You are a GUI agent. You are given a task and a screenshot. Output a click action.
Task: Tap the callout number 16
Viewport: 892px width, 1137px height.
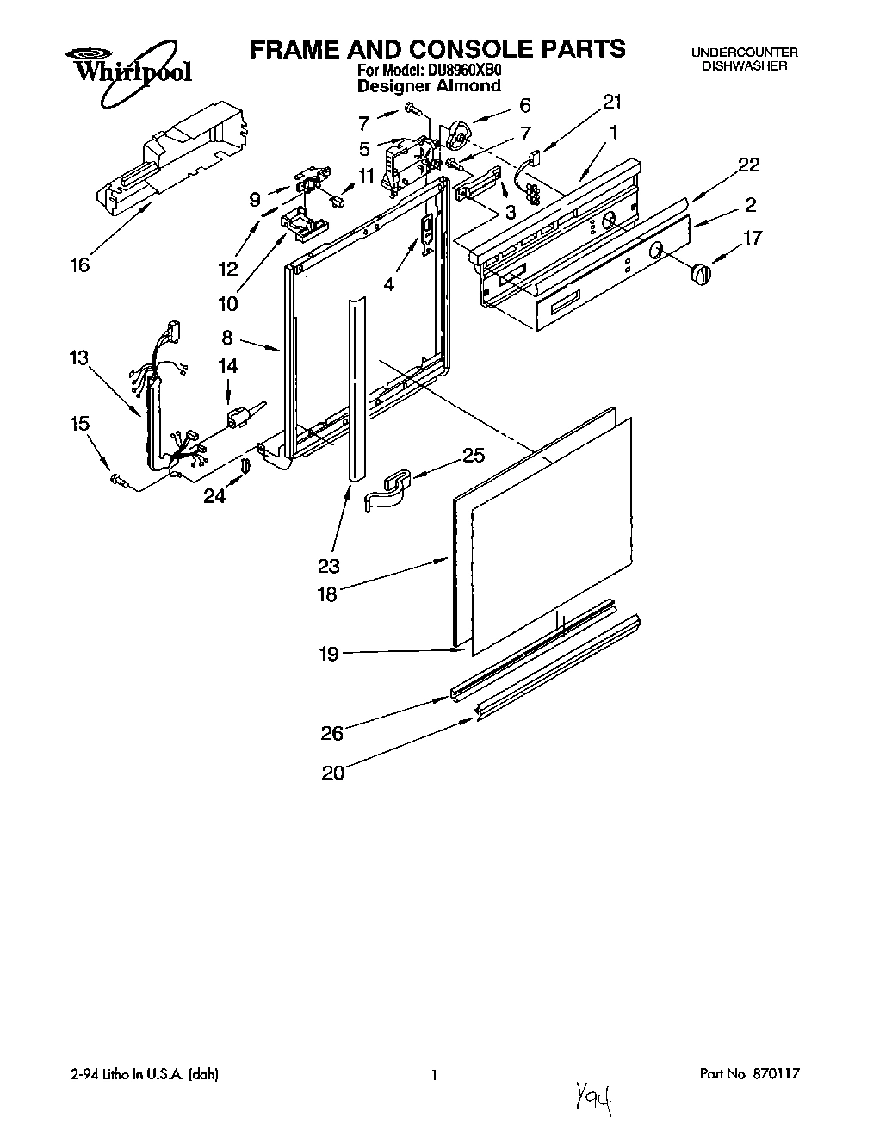[78, 264]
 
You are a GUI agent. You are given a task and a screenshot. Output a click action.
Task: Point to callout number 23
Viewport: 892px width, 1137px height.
[328, 566]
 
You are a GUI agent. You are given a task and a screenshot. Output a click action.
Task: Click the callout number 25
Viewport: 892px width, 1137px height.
[474, 455]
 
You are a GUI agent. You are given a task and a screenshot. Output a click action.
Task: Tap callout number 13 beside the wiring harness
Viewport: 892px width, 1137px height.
[79, 357]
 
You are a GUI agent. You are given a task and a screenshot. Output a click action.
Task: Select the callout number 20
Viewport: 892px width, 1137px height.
[332, 773]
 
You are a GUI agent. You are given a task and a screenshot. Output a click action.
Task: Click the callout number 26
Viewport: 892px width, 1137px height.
[331, 733]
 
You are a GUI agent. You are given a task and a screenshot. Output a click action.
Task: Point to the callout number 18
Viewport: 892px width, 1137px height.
[327, 593]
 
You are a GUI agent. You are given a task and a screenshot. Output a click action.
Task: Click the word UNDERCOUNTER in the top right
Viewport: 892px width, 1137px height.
[744, 53]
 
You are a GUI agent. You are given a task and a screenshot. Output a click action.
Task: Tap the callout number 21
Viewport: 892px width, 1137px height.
[611, 103]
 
